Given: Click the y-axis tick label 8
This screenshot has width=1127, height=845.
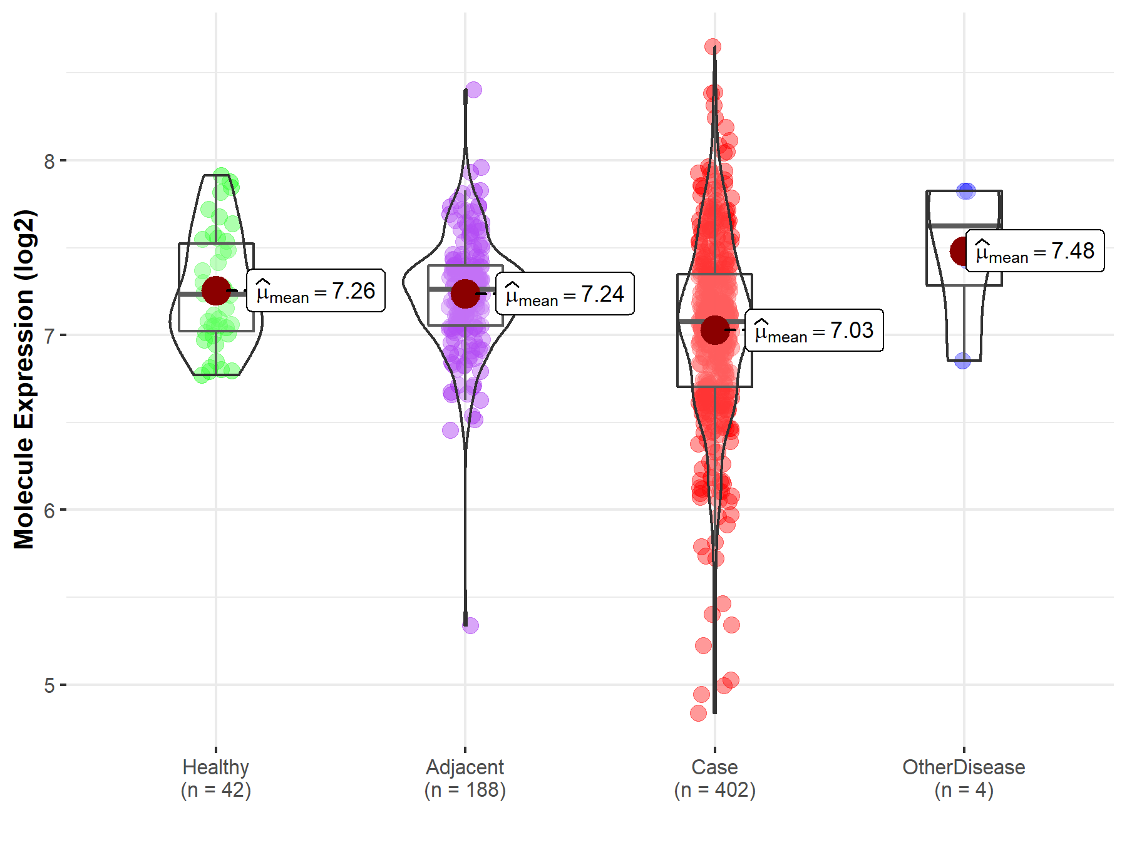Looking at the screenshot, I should click(x=49, y=161).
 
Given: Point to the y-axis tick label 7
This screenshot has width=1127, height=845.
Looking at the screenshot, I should click(x=49, y=336).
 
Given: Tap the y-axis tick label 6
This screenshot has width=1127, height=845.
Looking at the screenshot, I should click(x=49, y=511).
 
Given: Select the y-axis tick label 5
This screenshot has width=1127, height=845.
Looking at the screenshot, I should click(x=49, y=685).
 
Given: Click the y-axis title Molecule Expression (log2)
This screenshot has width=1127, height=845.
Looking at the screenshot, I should click(x=24, y=379).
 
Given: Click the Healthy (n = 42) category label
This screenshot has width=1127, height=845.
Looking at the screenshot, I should click(x=216, y=779).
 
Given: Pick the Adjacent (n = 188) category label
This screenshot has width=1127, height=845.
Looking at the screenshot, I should click(x=465, y=779).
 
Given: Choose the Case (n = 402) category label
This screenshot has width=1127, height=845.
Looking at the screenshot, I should click(x=714, y=779).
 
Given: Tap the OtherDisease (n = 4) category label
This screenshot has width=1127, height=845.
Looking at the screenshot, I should click(x=964, y=779).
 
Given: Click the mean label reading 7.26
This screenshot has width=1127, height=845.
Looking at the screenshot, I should click(x=316, y=291).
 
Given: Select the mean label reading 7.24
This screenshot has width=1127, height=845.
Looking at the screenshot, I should click(x=565, y=294).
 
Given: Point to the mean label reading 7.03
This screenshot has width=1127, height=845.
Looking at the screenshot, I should click(x=814, y=330).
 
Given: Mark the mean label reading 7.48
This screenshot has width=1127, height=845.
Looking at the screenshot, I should click(x=1035, y=251).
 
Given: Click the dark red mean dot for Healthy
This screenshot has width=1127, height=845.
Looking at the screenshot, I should click(x=216, y=290).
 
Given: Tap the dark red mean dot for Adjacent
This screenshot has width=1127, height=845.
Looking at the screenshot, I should click(x=465, y=294).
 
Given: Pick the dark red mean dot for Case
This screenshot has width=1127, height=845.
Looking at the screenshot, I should click(x=714, y=330).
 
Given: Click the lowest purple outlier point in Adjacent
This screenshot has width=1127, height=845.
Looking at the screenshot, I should click(x=470, y=625).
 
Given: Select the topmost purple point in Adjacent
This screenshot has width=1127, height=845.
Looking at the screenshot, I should click(x=473, y=90).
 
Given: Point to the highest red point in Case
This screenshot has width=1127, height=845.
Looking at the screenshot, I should click(x=713, y=46).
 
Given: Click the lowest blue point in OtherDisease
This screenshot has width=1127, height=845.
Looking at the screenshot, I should click(x=963, y=361).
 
